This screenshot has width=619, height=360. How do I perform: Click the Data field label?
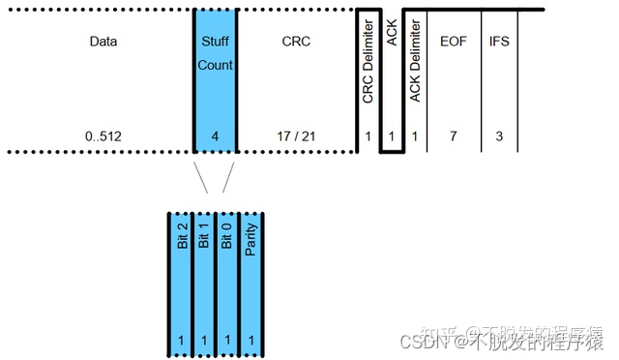tap(103, 43)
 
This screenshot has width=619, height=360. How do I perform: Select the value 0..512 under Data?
tap(103, 136)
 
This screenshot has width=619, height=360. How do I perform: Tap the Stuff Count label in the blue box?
tap(215, 54)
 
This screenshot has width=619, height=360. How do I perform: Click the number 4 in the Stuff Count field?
tap(215, 136)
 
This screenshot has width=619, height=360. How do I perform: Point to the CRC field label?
tap(296, 43)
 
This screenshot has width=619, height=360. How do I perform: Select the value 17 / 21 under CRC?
tap(296, 136)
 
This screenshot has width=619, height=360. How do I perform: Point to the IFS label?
tap(499, 43)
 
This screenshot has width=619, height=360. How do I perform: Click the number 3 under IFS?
tap(499, 136)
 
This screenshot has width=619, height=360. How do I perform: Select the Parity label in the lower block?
tap(251, 238)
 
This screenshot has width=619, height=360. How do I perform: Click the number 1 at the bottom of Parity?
tap(251, 340)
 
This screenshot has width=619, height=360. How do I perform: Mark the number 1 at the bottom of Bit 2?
tap(181, 340)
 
